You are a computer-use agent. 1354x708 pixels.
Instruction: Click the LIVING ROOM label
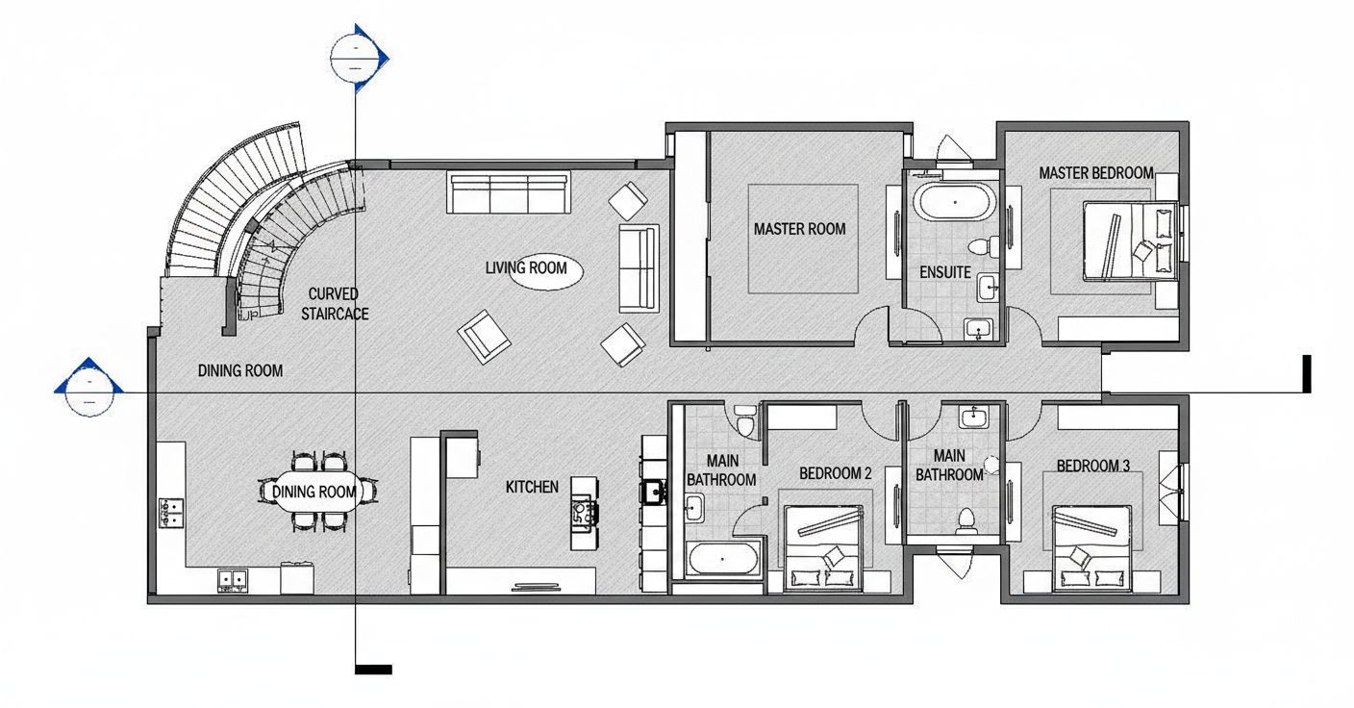pos(526,267)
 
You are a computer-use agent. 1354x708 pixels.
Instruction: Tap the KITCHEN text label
pos(532,487)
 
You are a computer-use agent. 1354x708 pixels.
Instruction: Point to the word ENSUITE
pos(945,272)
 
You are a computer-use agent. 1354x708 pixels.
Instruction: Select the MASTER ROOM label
pos(799,229)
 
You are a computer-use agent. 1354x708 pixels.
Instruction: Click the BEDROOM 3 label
pos(1092,466)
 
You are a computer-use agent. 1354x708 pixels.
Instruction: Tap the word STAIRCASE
pos(335,314)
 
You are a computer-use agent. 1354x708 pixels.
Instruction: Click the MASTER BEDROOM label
pos(1096,173)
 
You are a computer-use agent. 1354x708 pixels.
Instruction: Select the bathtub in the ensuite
pos(954,202)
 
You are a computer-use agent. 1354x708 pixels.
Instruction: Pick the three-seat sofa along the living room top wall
pos(509,192)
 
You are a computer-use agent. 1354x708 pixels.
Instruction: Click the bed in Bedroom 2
pos(823,547)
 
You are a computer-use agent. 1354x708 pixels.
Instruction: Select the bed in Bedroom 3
pos(1091,548)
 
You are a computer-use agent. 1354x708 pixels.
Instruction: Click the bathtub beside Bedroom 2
pos(722,559)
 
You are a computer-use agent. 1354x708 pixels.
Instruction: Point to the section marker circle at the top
pos(355,58)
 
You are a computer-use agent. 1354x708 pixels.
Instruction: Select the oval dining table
pos(313,492)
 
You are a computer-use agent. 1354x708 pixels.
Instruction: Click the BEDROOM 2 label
pos(836,473)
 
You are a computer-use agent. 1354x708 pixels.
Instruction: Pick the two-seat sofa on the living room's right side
pos(639,268)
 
